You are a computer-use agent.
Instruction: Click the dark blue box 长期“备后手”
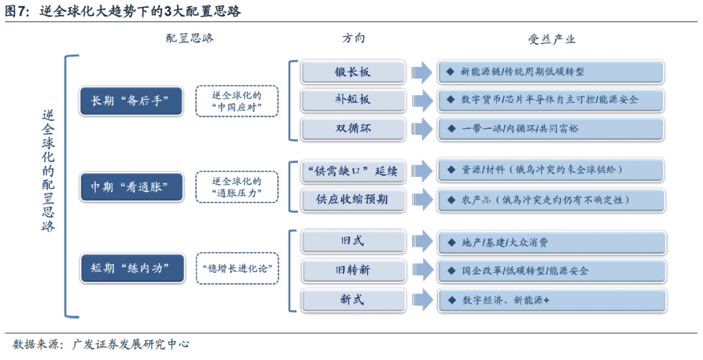point(130,101)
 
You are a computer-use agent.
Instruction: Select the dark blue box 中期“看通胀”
point(130,187)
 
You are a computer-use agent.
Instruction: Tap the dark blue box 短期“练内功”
point(130,268)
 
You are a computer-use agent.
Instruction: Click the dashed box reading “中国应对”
point(237,101)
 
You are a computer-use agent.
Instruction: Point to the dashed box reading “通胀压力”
point(237,187)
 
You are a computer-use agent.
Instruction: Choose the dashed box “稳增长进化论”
point(237,268)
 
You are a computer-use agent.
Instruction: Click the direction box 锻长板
point(353,72)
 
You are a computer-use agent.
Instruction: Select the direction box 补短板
point(353,100)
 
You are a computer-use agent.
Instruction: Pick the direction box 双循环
point(353,128)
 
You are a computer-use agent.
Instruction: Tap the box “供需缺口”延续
point(353,172)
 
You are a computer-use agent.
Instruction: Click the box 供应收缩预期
point(353,200)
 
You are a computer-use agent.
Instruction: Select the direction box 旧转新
point(353,270)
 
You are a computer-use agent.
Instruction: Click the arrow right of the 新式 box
point(422,299)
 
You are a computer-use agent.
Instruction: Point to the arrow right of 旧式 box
point(422,242)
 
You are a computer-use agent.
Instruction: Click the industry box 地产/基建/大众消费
point(551,242)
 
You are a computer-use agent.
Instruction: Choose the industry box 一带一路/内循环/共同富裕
point(551,128)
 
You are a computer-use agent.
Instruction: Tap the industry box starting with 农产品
point(551,200)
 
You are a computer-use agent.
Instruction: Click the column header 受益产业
point(551,39)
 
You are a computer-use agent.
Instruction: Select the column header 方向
point(353,38)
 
